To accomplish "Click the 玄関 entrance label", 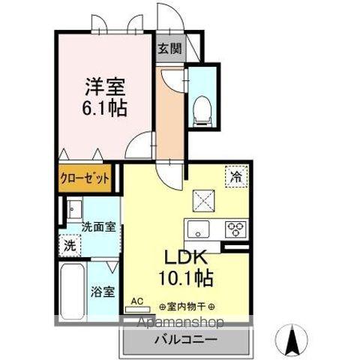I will click(x=169, y=49).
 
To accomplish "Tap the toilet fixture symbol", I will click(x=200, y=109).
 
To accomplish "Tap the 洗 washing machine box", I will click(x=70, y=244).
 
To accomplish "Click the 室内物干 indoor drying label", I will click(x=187, y=307).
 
